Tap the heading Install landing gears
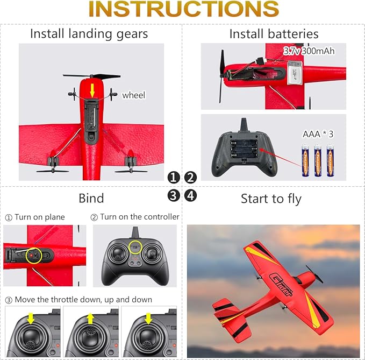click(89, 33)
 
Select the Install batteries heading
click(274, 34)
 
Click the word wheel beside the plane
click(133, 95)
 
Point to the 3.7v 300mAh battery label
click(308, 52)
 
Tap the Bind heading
click(91, 199)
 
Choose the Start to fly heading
click(271, 199)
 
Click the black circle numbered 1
click(173, 177)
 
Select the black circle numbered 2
click(191, 177)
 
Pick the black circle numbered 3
click(173, 195)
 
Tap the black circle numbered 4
click(191, 195)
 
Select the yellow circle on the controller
click(136, 248)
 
